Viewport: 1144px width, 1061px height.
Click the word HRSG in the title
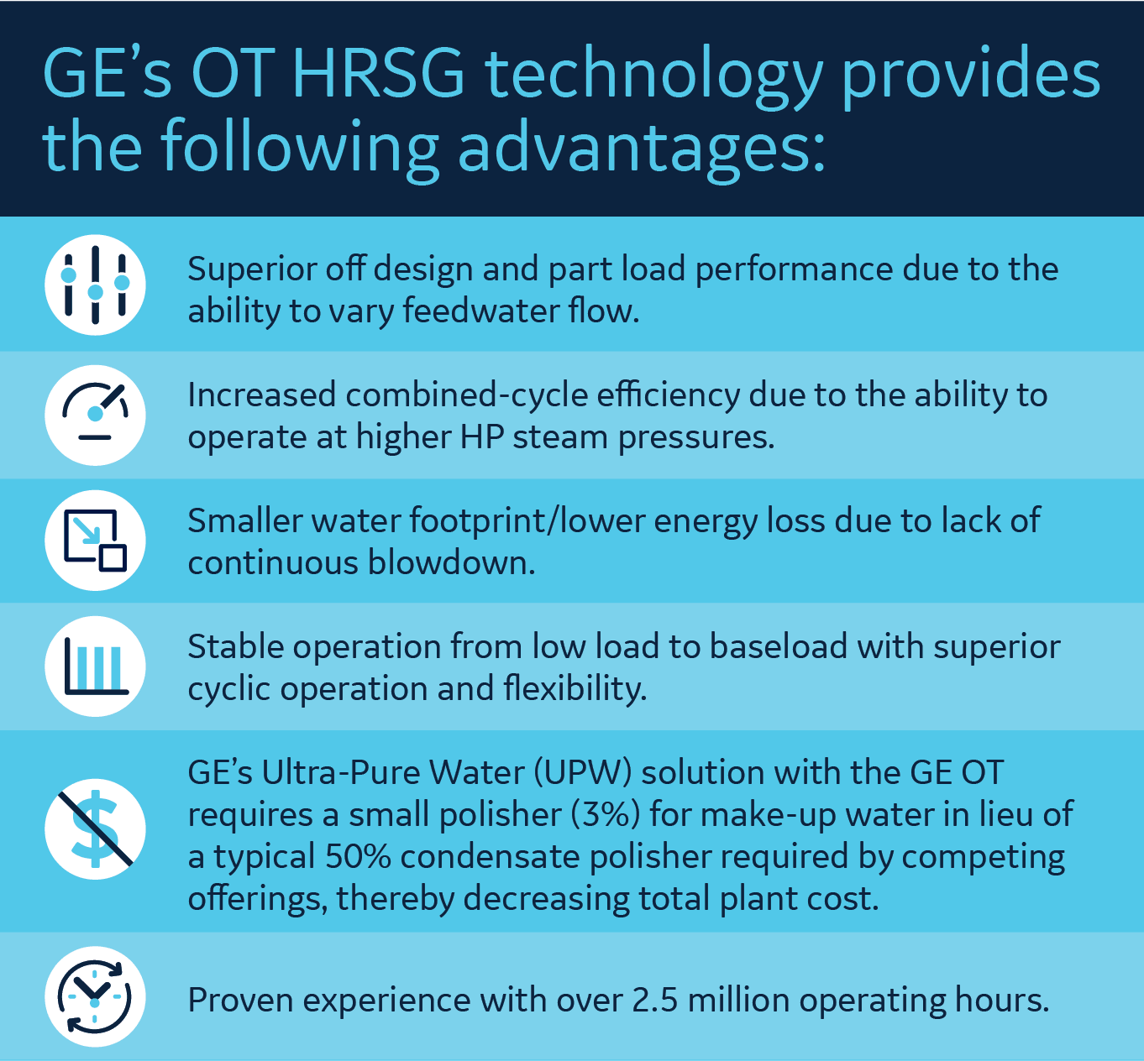pos(379,73)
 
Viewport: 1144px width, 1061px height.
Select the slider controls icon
pos(95,285)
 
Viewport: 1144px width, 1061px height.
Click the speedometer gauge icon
pos(95,415)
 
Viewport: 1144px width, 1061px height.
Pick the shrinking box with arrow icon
pos(95,541)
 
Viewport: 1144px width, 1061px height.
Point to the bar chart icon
pos(95,666)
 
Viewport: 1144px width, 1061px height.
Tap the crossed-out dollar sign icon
pos(95,829)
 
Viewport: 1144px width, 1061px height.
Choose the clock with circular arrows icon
pos(95,996)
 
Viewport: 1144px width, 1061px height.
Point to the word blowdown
pos(451,562)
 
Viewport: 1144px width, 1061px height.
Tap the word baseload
pos(779,646)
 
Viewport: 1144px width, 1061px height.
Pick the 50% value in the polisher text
pos(359,857)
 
